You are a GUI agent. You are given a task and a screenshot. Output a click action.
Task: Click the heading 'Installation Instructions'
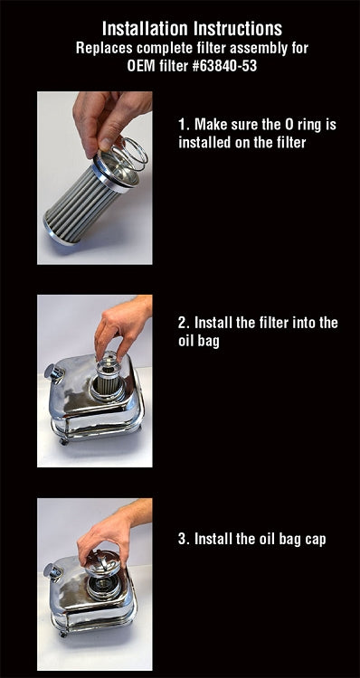(180, 28)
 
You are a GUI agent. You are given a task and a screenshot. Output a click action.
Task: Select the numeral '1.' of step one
(184, 125)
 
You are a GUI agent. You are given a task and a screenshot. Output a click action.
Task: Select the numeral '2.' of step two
(184, 323)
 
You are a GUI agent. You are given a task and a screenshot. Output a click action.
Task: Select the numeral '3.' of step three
(184, 540)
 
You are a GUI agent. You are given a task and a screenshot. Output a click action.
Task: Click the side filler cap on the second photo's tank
(53, 372)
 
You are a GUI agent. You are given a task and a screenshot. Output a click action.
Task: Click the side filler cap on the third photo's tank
(53, 571)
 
